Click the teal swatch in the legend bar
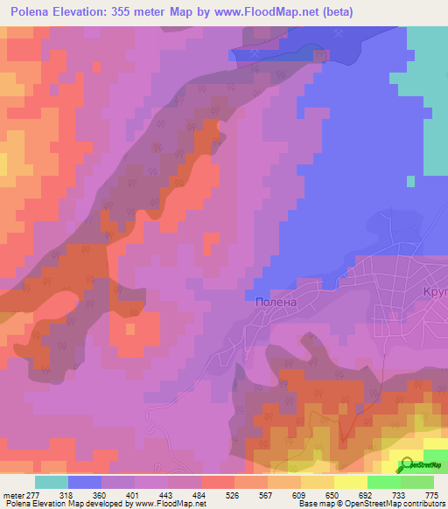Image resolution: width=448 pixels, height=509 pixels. point(52,481)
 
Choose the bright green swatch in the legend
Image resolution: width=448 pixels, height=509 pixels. point(384,481)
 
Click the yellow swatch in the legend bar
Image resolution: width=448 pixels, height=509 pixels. point(351,481)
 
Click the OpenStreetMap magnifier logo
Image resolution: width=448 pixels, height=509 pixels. point(404,466)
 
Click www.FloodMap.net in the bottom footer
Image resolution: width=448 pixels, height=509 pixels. point(170,504)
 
